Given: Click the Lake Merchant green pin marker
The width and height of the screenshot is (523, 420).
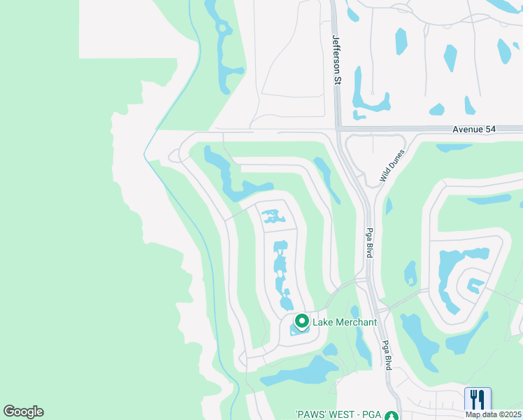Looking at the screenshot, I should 302,321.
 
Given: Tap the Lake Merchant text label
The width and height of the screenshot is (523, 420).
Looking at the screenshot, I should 344,322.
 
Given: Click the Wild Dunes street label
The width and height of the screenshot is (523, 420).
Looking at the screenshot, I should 392,166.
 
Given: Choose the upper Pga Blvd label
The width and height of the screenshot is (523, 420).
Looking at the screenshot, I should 368,242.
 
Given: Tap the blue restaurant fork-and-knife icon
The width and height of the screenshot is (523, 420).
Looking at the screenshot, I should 478,399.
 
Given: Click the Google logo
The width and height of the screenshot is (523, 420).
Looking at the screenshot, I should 23,412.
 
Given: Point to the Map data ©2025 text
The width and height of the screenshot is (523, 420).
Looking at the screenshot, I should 493,414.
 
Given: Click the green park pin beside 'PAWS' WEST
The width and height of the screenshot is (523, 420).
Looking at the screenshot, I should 396,415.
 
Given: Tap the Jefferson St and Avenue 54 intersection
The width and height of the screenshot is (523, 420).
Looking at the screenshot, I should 337,129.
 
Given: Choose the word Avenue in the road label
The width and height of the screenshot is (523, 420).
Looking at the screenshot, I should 466,129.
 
